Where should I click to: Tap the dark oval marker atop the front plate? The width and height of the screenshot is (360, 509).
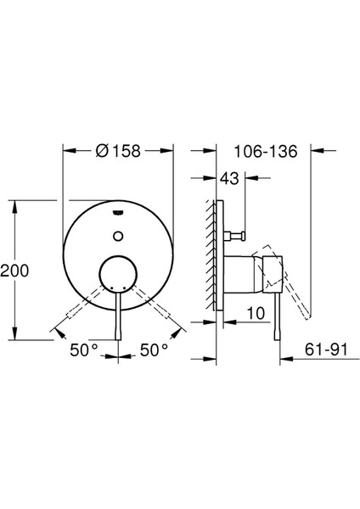(118, 211)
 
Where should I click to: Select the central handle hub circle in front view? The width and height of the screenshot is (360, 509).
(118, 272)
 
